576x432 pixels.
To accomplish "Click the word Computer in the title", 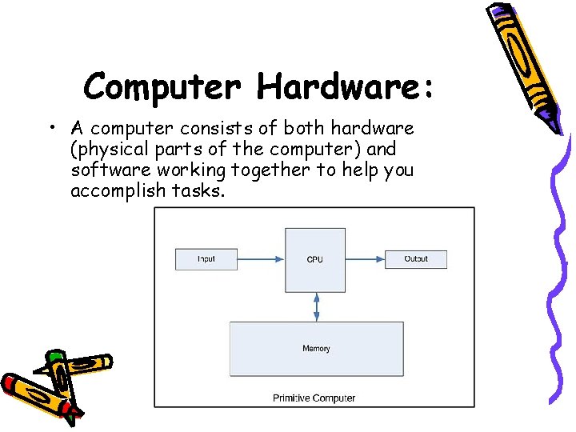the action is (x=162, y=86).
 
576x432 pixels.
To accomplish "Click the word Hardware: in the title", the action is (x=346, y=86).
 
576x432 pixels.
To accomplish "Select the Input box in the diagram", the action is (x=206, y=258).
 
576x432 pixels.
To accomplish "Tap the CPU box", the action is (x=315, y=258).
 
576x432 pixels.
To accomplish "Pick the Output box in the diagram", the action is (x=416, y=258).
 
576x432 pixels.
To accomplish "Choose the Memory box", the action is (x=316, y=349).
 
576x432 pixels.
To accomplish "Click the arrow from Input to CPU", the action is (x=261, y=258).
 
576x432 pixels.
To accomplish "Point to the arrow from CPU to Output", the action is (x=366, y=258).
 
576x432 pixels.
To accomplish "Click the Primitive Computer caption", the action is (x=314, y=398).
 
